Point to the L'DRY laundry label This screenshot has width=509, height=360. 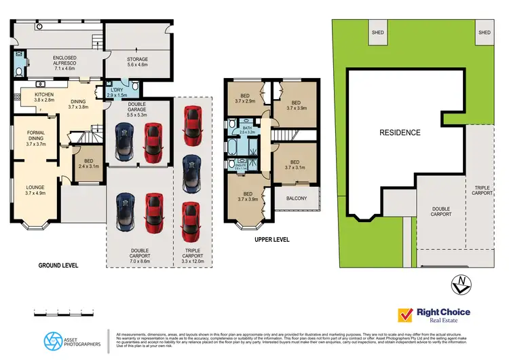(x=116, y=92)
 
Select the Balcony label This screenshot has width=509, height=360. (x=297, y=198)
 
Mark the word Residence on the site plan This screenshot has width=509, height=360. (x=400, y=132)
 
